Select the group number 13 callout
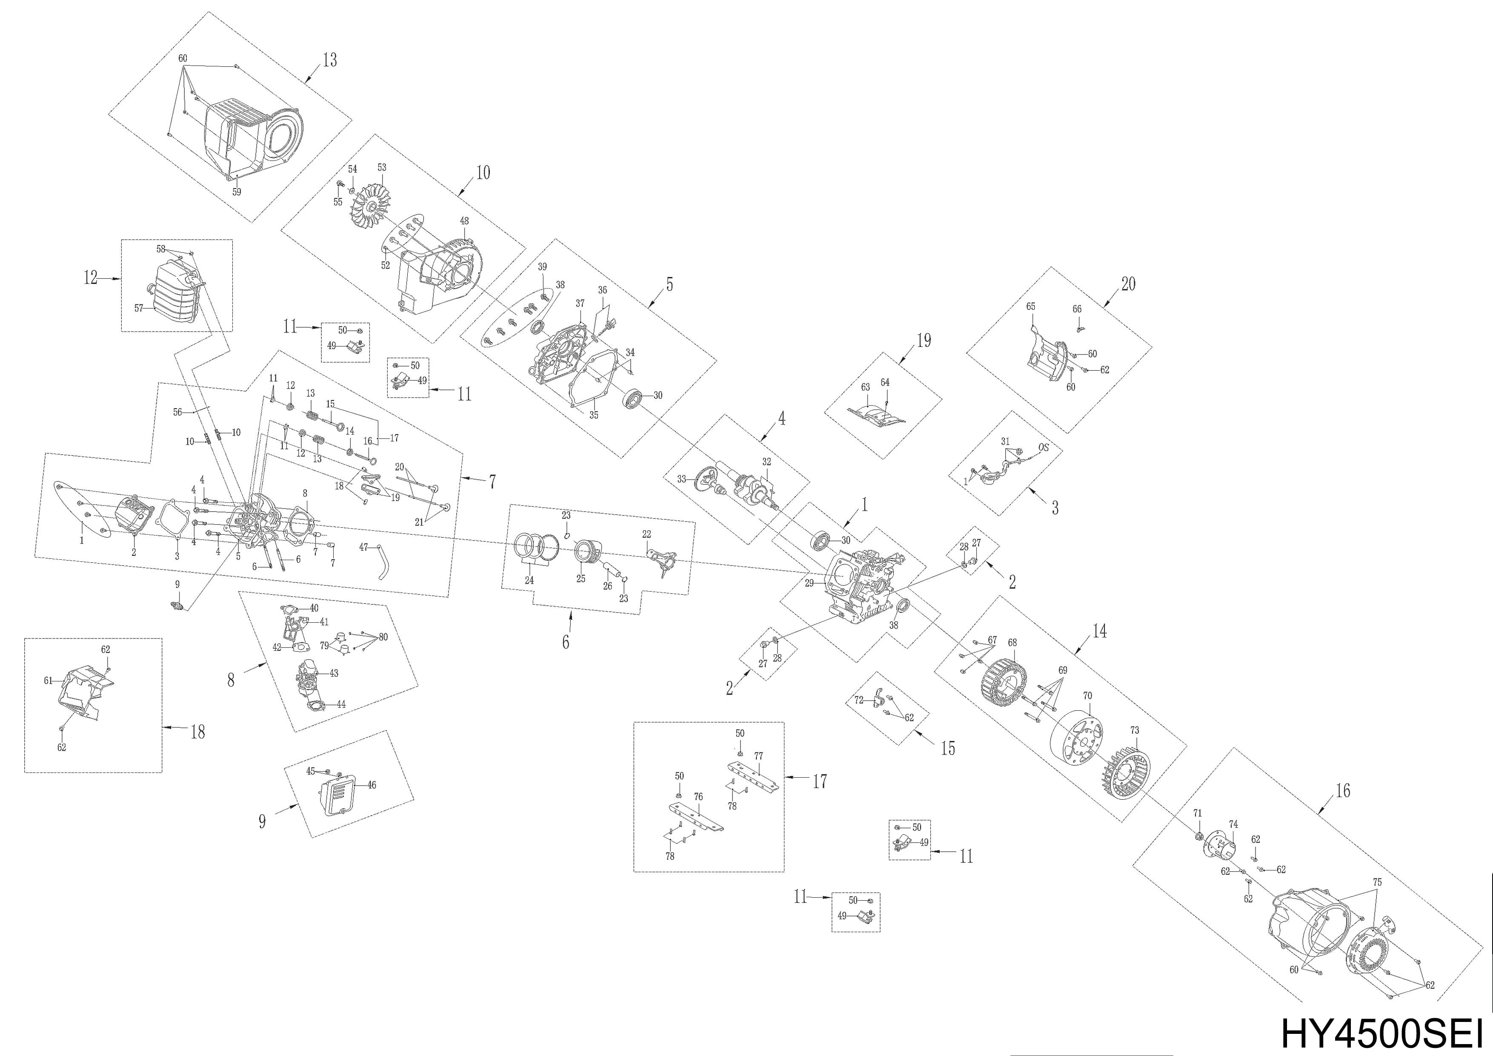(x=330, y=60)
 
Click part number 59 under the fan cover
(x=237, y=192)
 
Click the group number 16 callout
(x=1342, y=791)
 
